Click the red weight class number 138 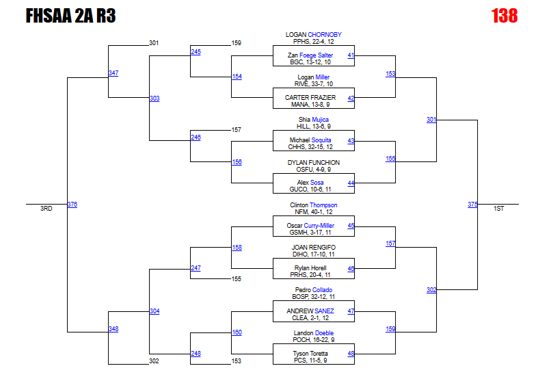coord(504,16)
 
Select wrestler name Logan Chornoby coord(313,34)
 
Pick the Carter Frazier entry coord(313,98)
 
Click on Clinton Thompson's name coord(313,205)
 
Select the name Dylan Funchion coord(313,163)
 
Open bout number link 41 coord(351,55)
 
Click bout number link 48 coord(351,354)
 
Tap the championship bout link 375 coord(472,205)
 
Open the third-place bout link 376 coord(72,205)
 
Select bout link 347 coord(113,73)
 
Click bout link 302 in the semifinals coord(431,290)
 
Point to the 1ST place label coord(499,209)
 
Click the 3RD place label coord(46,209)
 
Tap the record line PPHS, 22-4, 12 coord(313,41)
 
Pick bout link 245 coord(195,52)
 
